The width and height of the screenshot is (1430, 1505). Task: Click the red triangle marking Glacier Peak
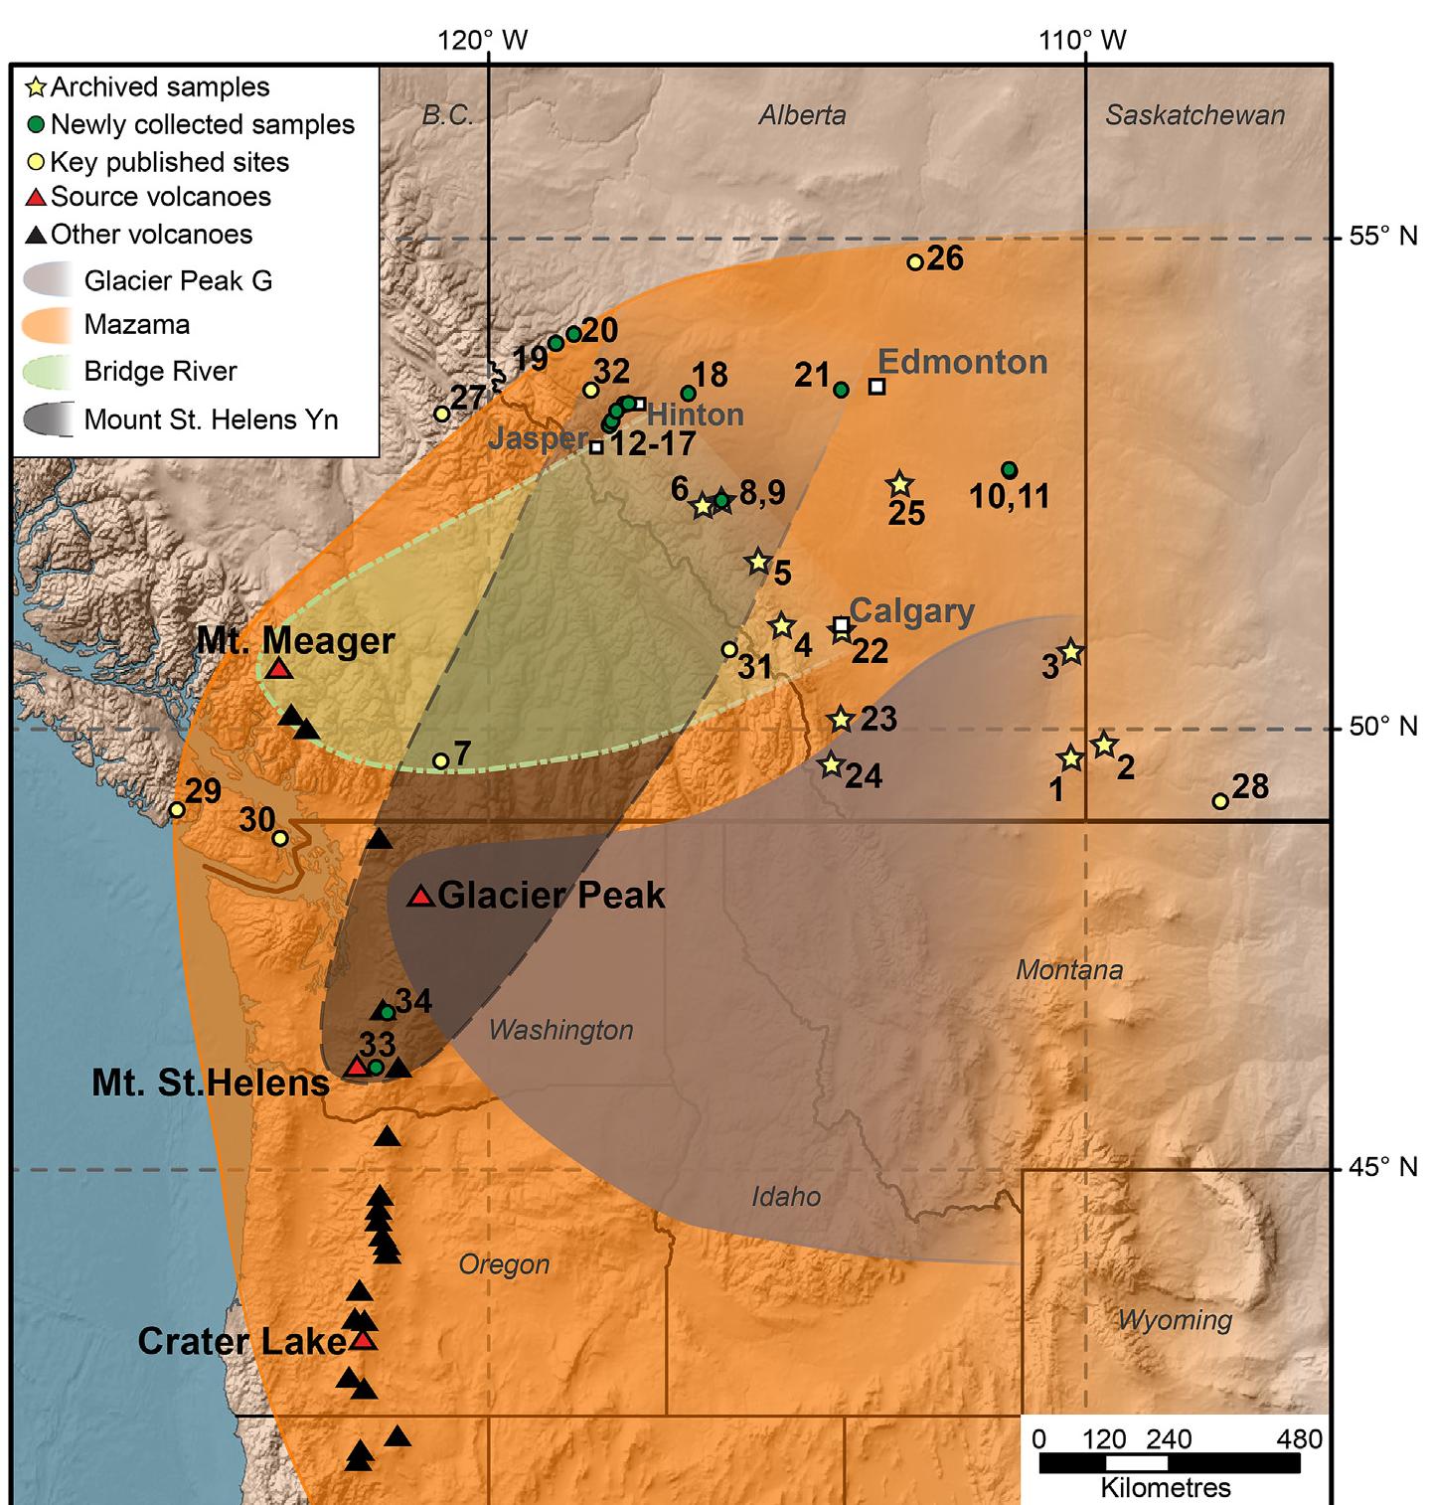click(421, 898)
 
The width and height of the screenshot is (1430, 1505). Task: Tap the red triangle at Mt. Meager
click(280, 670)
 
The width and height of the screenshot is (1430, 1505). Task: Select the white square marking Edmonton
click(876, 387)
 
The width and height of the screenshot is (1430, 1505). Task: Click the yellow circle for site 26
click(915, 262)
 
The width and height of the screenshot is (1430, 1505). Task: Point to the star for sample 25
click(899, 485)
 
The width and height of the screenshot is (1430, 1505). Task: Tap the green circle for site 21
click(841, 390)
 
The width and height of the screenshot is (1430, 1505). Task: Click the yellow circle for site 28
click(1220, 801)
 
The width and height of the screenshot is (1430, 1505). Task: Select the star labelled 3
click(1070, 653)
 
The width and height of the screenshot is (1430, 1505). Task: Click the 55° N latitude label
click(1382, 237)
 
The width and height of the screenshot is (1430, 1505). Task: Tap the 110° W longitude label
click(1082, 41)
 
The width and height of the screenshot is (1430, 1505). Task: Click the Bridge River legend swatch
click(48, 372)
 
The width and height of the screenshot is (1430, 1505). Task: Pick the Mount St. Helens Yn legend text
click(211, 419)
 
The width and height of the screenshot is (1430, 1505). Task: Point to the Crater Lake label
click(241, 1342)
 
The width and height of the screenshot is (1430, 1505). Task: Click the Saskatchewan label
click(1194, 115)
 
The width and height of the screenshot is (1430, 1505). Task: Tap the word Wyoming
click(1175, 1320)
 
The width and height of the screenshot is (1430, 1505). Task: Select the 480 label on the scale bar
click(1300, 1438)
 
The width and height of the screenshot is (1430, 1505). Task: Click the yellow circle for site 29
click(177, 810)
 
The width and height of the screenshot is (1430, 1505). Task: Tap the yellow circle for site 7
click(441, 761)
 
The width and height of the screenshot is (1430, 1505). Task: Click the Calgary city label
click(911, 610)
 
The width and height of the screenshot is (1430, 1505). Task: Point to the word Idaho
click(786, 1196)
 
